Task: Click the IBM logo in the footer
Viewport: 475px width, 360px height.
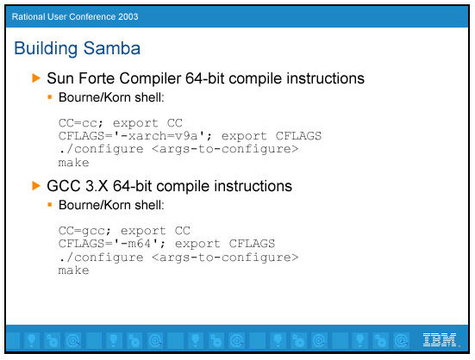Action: (440, 339)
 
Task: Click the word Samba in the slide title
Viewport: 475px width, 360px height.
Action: (112, 48)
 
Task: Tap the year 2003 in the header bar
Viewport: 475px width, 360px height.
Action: (128, 16)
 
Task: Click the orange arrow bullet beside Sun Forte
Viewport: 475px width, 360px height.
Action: (36, 78)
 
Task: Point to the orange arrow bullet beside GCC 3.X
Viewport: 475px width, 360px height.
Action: (36, 185)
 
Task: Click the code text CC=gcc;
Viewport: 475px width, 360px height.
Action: (84, 231)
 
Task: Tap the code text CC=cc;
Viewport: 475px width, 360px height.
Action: (81, 123)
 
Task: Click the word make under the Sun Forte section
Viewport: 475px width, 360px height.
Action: (73, 163)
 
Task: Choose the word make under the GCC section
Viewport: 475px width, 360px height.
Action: (73, 270)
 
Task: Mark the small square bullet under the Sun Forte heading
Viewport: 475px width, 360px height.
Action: (50, 97)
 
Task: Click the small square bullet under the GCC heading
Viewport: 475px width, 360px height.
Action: (50, 205)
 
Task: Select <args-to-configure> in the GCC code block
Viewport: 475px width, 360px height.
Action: (225, 258)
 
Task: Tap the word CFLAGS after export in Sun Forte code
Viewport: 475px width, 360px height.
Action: (298, 136)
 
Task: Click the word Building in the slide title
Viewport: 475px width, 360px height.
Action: (46, 48)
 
